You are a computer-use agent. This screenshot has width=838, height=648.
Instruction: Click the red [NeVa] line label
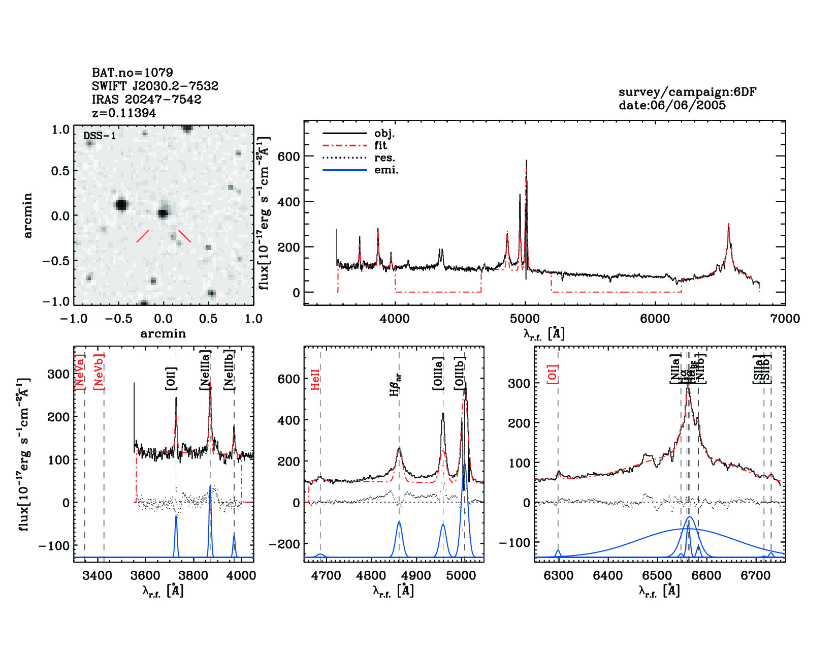[80, 372]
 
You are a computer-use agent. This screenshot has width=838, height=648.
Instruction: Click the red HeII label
[315, 380]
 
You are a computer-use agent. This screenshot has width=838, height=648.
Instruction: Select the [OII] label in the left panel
[171, 379]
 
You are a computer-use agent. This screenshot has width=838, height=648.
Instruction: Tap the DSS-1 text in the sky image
[100, 136]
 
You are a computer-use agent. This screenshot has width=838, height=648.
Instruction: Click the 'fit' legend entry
[380, 145]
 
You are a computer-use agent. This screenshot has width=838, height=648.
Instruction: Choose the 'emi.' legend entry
[386, 170]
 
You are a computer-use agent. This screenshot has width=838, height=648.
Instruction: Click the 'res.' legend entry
[384, 158]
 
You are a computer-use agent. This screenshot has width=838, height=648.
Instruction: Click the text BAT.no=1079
[132, 73]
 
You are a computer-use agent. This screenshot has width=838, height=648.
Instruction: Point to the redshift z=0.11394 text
[124, 113]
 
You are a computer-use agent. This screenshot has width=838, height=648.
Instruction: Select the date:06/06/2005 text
[672, 105]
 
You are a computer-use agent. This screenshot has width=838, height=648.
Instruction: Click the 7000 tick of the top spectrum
[785, 319]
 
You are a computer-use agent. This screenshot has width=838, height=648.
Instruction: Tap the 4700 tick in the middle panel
[326, 576]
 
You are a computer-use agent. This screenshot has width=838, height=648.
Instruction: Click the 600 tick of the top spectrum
[288, 157]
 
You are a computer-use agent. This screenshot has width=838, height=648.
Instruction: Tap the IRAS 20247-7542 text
[146, 100]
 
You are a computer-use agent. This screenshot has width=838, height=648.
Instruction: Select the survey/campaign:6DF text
[687, 92]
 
